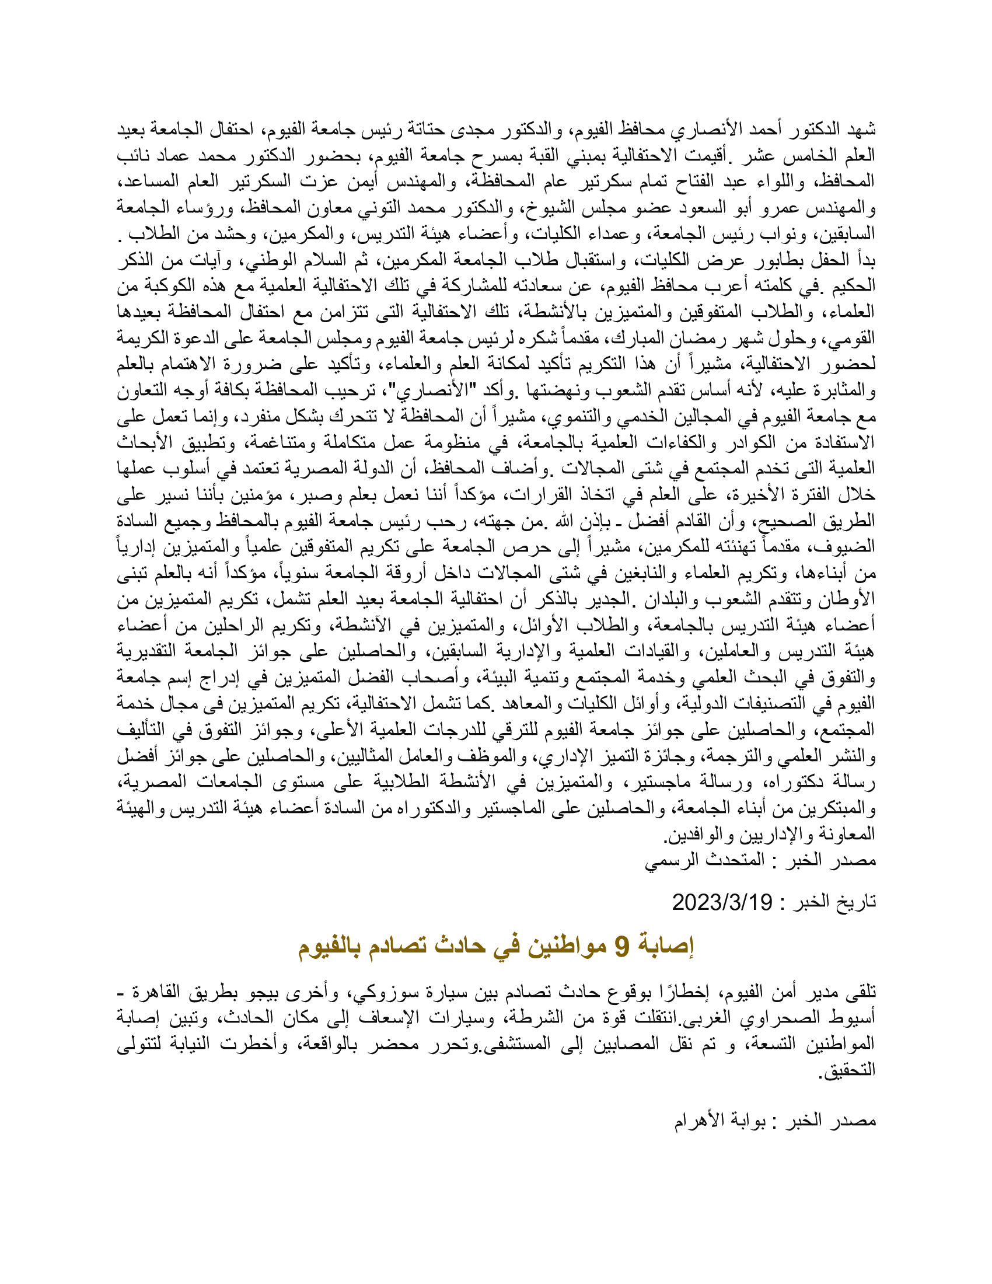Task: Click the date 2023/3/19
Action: tap(722, 902)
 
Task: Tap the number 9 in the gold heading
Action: tap(621, 946)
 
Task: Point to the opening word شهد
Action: tap(861, 130)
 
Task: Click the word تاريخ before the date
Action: tap(855, 902)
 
